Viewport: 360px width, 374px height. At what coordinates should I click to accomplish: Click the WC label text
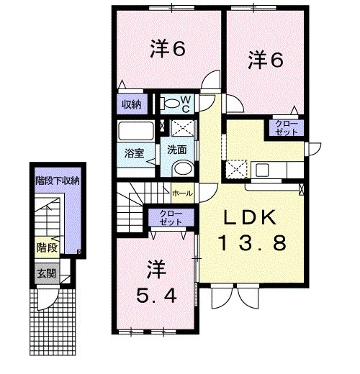pyautogui.click(x=186, y=104)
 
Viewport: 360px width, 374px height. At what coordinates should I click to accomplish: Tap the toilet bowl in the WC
pyautogui.click(x=170, y=104)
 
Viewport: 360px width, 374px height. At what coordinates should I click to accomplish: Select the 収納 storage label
pyautogui.click(x=132, y=104)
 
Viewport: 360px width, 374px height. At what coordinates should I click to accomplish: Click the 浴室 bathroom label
pyautogui.click(x=135, y=153)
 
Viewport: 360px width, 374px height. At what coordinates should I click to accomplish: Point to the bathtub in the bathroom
pyautogui.click(x=136, y=131)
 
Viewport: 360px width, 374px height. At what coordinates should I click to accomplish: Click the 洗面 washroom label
pyautogui.click(x=177, y=150)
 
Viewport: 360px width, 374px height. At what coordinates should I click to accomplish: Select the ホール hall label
pyautogui.click(x=183, y=193)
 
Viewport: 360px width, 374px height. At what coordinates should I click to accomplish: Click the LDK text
pyautogui.click(x=250, y=217)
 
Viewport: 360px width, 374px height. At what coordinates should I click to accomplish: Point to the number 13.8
pyautogui.click(x=252, y=242)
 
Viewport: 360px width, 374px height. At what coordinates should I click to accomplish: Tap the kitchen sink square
pyautogui.click(x=262, y=170)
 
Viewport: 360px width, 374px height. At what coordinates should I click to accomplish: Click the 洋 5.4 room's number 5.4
pyautogui.click(x=156, y=296)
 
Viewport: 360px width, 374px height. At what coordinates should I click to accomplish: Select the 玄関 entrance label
pyautogui.click(x=47, y=273)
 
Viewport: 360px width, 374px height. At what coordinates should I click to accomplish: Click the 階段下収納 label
pyautogui.click(x=58, y=181)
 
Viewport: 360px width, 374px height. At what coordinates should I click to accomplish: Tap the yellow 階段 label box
pyautogui.click(x=47, y=247)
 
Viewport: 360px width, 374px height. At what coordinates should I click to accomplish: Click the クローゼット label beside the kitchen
pyautogui.click(x=287, y=128)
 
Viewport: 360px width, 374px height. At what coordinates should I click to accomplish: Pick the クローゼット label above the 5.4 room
pyautogui.click(x=171, y=218)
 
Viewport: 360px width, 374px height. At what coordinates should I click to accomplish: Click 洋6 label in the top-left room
pyautogui.click(x=168, y=49)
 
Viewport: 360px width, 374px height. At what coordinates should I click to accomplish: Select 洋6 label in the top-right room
pyautogui.click(x=266, y=60)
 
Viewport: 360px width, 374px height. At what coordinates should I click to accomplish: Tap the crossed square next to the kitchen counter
pyautogui.click(x=237, y=169)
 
